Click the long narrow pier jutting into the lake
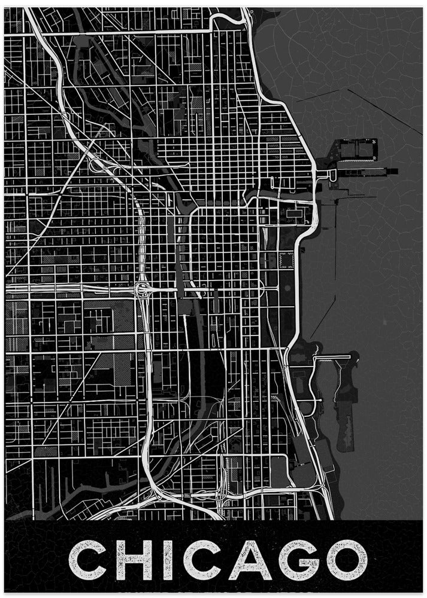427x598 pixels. (359, 173)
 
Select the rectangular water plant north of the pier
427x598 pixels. (358, 148)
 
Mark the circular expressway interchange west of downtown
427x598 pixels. (144, 291)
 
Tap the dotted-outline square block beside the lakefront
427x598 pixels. (287, 260)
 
